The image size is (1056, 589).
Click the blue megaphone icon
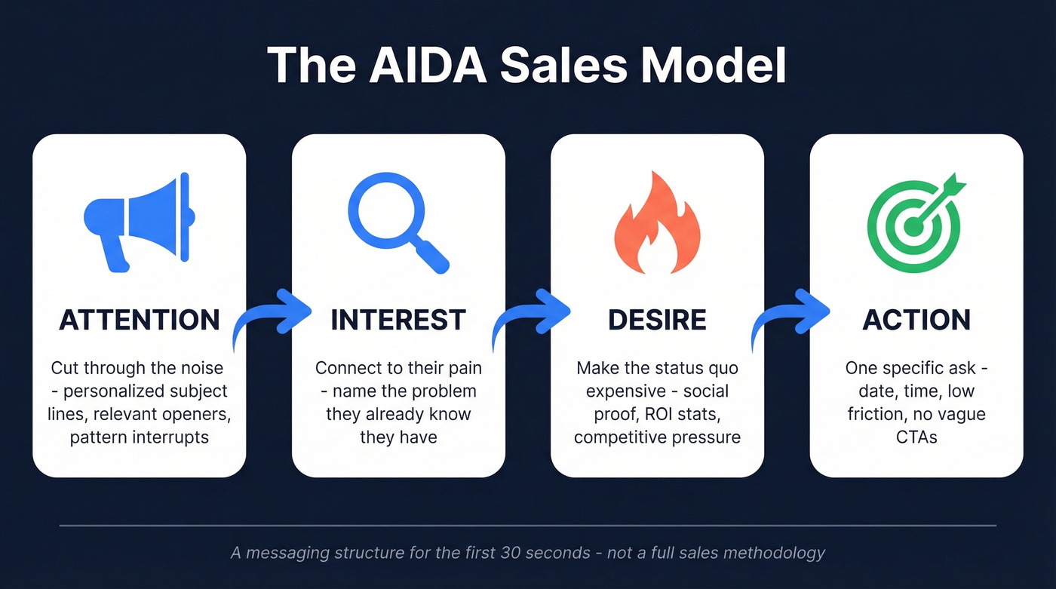139,222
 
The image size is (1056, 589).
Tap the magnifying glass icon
397,222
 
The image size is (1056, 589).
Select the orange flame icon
657,222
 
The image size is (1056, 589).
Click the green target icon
913,222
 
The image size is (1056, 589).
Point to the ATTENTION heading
140,320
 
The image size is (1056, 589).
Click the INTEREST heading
398,320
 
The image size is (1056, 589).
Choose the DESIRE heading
657,320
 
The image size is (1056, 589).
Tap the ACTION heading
916,320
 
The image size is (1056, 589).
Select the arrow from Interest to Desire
530,317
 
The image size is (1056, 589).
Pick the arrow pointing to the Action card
789,317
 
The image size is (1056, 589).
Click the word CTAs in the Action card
916,437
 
